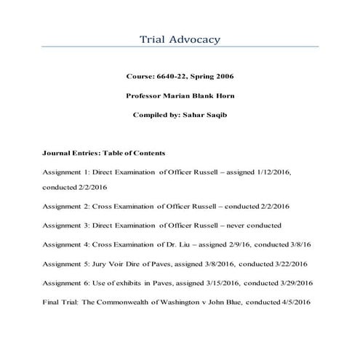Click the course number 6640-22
(169, 76)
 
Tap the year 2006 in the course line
(225, 76)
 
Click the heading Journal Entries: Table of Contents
(105, 153)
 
